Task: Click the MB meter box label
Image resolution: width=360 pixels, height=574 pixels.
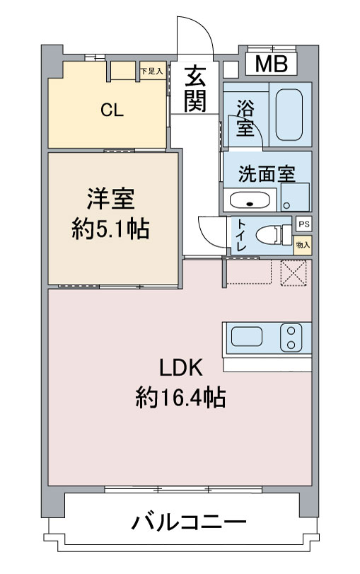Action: (271, 64)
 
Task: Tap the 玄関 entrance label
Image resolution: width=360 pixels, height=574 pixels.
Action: (195, 89)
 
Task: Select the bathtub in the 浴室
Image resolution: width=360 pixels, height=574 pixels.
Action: (289, 115)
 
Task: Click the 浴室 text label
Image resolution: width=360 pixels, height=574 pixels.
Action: (245, 117)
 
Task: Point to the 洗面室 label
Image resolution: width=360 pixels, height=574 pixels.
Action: (267, 174)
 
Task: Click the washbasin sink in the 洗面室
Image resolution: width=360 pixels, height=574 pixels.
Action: (250, 200)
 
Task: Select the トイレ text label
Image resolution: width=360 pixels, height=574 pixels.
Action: (241, 235)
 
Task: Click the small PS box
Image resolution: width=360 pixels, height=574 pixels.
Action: (303, 224)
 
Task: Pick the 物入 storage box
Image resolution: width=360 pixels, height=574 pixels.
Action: (303, 245)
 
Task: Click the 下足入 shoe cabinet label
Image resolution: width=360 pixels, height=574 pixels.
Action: (152, 71)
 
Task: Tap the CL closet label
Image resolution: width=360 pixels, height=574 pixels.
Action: (112, 110)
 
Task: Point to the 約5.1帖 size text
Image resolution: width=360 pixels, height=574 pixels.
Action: (110, 229)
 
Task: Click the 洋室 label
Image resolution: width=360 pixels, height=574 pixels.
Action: (110, 199)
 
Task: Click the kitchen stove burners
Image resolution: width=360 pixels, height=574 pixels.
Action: (291, 338)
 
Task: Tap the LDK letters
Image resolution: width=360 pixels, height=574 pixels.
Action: (181, 368)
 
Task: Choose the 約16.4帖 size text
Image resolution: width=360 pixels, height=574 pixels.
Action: (180, 397)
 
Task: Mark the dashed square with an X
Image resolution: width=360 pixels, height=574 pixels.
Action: (294, 272)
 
